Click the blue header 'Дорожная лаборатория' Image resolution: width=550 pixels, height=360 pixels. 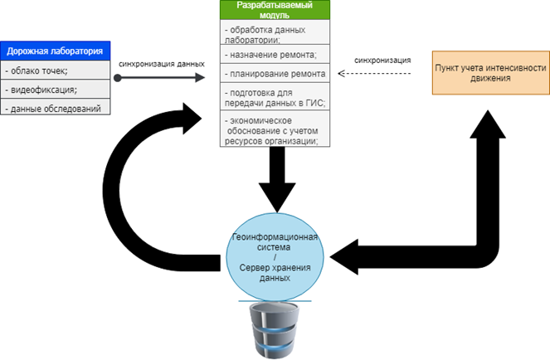coord(55,51)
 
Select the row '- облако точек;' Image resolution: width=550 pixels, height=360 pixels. coord(55,71)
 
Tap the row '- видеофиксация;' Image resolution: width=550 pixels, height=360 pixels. coord(55,89)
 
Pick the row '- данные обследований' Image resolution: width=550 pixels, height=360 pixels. coord(55,107)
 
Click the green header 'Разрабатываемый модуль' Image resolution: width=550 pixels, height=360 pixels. coord(275,10)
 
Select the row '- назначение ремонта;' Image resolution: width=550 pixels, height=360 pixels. coord(275,54)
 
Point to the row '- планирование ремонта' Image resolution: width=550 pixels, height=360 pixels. coord(275,73)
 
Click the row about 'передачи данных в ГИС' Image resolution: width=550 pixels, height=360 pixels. coord(275,97)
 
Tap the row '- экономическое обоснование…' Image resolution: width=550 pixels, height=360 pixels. coord(275,129)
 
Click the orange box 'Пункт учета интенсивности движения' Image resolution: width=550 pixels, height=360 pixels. coord(491,73)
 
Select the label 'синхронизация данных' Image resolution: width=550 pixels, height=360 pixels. coord(162,64)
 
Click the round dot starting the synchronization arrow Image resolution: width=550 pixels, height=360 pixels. coord(118,78)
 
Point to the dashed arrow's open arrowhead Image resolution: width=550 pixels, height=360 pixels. coord(341,73)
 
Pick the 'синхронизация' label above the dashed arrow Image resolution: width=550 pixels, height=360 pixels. coord(382,61)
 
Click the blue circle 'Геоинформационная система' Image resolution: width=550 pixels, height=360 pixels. coord(275,257)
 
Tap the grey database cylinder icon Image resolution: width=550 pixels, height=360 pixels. coord(275,330)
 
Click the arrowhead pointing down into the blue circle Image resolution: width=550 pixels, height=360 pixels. coord(277,197)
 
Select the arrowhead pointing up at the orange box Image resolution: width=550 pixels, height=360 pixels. coord(488,124)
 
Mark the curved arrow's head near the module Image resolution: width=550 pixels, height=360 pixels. coord(191,119)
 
